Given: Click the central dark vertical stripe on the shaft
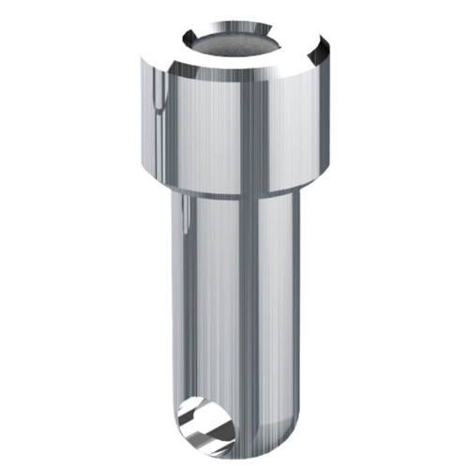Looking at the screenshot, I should (250, 310).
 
